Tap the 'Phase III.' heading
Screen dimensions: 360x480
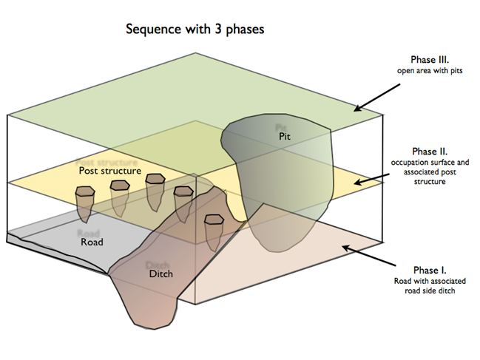click(433, 59)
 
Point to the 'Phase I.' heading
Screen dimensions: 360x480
click(433, 271)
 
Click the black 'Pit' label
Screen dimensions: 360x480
click(285, 137)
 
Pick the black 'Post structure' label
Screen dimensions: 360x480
click(109, 171)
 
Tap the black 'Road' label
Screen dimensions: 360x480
click(91, 242)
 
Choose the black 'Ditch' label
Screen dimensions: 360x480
click(160, 274)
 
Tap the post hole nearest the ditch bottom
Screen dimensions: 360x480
click(214, 220)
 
